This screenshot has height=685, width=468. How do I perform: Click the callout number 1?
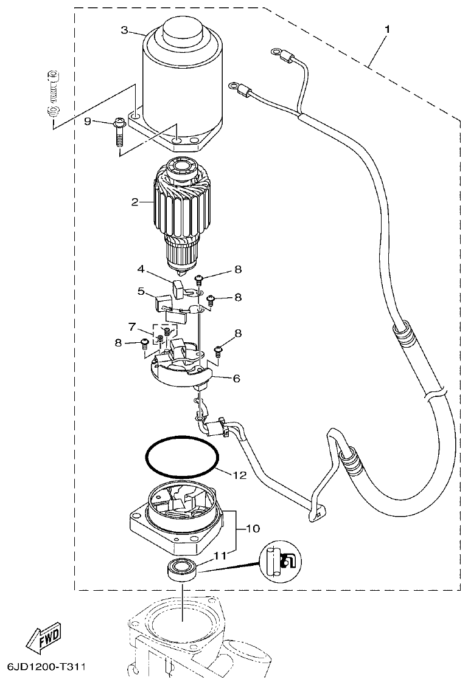388,29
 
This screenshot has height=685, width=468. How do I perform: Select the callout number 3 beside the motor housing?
124,30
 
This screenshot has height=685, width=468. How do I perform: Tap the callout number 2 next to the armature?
134,202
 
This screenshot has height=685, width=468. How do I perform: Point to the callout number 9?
88,122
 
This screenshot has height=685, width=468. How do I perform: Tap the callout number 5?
141,291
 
